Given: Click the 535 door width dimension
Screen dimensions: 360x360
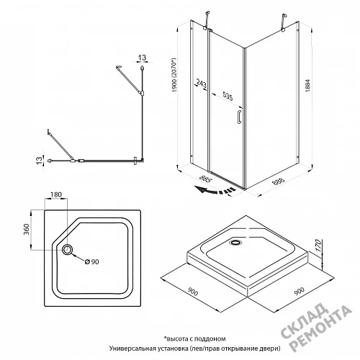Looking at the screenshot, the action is click(228, 96).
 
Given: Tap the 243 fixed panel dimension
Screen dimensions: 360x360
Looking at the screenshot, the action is click(202, 83).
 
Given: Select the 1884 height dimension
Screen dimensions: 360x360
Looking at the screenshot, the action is click(307, 86).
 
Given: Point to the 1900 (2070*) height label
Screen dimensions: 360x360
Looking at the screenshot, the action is click(174, 75).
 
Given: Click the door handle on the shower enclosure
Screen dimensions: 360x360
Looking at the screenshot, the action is click(239, 117).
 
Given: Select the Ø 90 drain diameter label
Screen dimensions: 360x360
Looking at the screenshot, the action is click(92, 261).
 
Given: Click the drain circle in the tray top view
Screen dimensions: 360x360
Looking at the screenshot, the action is click(68, 250).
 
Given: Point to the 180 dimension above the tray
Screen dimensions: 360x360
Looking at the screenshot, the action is click(56, 194).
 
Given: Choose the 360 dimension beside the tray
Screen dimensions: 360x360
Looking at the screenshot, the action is click(27, 230).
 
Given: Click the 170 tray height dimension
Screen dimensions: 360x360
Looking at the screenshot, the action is click(318, 245).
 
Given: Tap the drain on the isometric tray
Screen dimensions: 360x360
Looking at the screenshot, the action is click(236, 243).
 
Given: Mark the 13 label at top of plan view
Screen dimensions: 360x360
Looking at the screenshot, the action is click(142, 58).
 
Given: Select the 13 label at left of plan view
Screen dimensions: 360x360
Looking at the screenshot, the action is click(40, 161).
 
